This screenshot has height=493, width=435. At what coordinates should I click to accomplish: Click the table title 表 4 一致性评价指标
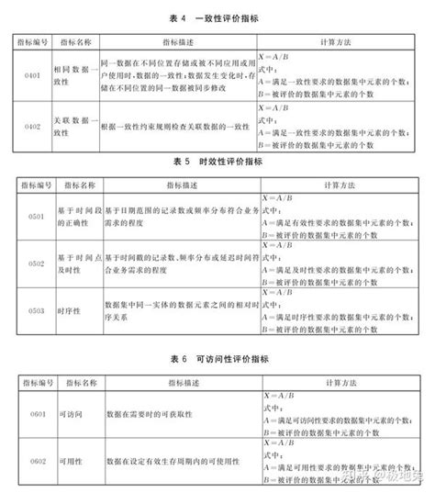(x=217, y=17)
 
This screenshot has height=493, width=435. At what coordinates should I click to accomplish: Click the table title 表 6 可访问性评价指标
(x=217, y=356)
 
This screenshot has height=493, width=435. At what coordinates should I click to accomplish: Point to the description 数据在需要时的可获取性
(x=151, y=413)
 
